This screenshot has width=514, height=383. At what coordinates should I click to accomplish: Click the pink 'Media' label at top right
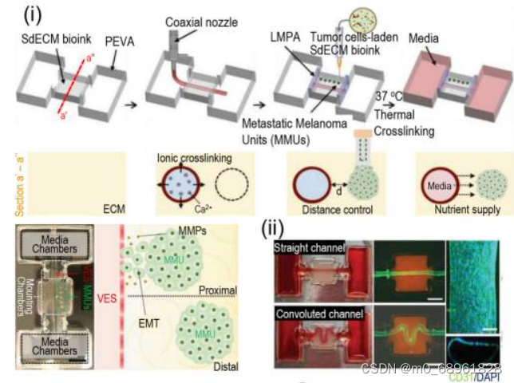(x=425, y=38)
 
